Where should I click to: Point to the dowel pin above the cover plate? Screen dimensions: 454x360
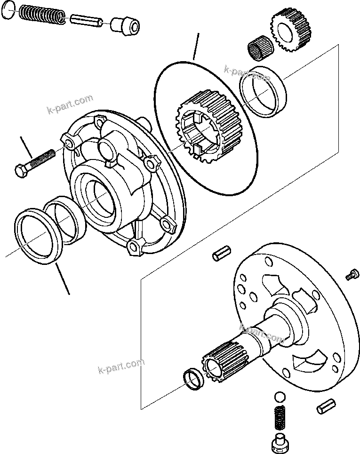220,253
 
